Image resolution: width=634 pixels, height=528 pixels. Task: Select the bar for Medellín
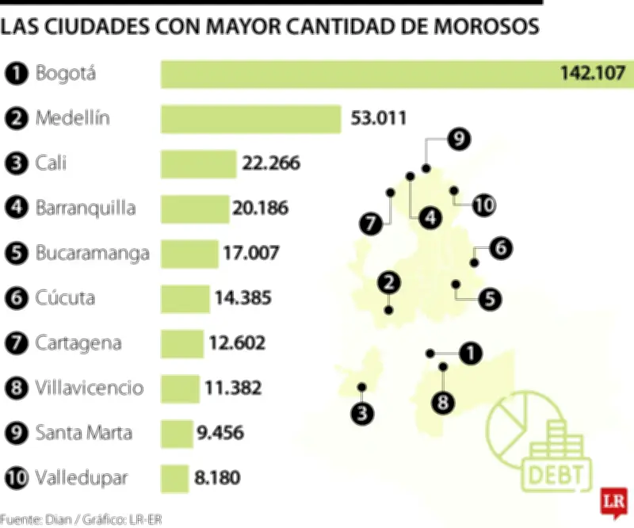[x=250, y=119]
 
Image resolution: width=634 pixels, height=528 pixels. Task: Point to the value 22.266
[x=271, y=164]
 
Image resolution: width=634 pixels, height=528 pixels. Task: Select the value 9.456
[x=220, y=434]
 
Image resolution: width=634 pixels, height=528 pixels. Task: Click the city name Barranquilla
[x=86, y=209]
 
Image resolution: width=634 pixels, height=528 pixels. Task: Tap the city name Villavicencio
[x=90, y=388]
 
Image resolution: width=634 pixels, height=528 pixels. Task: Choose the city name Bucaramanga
[x=93, y=254]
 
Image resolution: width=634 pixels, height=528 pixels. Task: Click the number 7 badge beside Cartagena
[x=16, y=344]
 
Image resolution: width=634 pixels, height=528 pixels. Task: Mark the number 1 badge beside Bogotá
[x=16, y=75]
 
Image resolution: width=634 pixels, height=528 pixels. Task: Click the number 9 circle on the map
[x=457, y=140]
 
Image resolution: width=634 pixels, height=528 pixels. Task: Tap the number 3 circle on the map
[x=363, y=412]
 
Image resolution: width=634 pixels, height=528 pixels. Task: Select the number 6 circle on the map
[x=499, y=248]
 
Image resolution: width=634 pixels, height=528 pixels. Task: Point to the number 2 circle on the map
[x=388, y=281]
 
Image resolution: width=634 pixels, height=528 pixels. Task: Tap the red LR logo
[x=611, y=501]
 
